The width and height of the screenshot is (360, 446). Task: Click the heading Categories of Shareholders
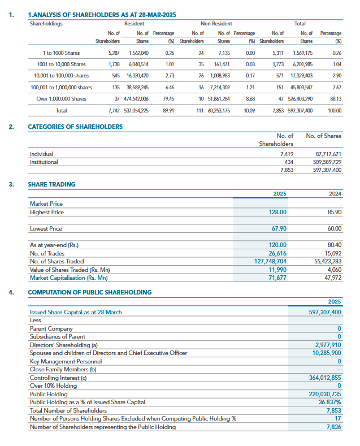(75, 127)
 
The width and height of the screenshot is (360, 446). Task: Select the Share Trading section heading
(51, 184)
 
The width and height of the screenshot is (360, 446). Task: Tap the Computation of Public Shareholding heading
(90, 292)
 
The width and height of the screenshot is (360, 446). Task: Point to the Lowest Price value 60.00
(335, 228)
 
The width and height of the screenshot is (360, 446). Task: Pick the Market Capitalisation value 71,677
(277, 278)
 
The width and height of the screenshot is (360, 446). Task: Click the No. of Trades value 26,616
(277, 253)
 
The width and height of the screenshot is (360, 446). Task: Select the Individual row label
(41, 154)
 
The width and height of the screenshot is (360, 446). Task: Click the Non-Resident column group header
(216, 24)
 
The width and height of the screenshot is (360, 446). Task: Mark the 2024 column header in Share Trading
(335, 193)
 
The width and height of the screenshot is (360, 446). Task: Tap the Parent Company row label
(51, 328)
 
